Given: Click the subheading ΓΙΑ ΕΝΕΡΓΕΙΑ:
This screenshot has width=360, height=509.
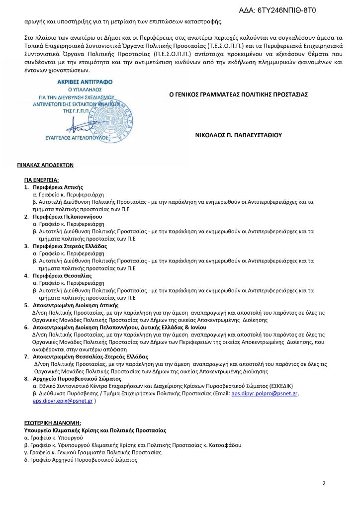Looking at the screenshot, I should click(41, 179).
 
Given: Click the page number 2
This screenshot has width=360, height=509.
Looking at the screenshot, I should click(324, 483).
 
